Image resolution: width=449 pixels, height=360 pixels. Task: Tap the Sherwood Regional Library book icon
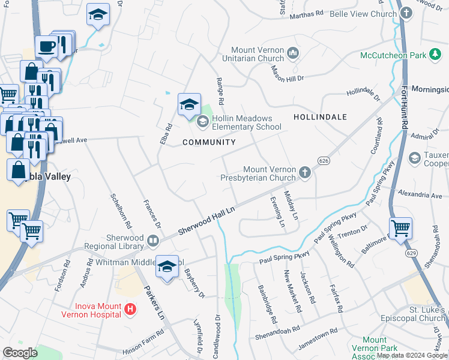(x=153, y=241)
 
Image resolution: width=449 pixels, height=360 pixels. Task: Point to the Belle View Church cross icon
(x=406, y=13)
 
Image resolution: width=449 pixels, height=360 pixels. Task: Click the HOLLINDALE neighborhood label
(x=320, y=117)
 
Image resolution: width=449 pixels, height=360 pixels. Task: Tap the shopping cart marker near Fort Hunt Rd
(x=400, y=228)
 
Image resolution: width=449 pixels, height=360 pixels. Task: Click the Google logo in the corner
(x=20, y=353)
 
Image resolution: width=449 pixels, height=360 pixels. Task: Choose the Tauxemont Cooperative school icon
(x=414, y=158)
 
